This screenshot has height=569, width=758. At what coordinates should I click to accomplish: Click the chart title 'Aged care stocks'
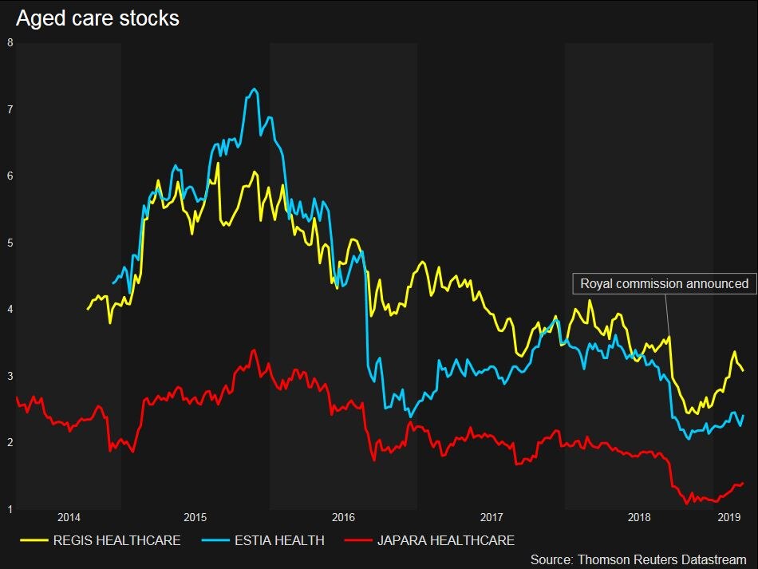97,19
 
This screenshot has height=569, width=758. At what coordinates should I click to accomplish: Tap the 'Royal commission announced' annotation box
664,283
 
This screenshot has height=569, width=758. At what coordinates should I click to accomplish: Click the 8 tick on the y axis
10,43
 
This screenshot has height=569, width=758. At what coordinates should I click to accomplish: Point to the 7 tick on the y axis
10,109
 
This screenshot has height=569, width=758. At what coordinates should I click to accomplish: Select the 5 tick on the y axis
10,243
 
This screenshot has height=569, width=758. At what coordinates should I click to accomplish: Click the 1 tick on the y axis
10,509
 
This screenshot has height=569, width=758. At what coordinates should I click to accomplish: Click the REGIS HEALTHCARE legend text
116,541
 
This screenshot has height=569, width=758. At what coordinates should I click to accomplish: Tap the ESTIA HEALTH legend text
278,541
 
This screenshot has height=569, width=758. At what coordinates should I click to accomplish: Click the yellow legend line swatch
32,541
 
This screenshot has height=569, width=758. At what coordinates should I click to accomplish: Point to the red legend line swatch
358,541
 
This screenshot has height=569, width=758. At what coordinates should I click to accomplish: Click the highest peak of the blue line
254,89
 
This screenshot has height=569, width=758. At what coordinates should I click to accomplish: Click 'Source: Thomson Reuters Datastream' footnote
638,559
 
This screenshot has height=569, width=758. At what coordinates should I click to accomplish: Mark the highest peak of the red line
254,350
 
